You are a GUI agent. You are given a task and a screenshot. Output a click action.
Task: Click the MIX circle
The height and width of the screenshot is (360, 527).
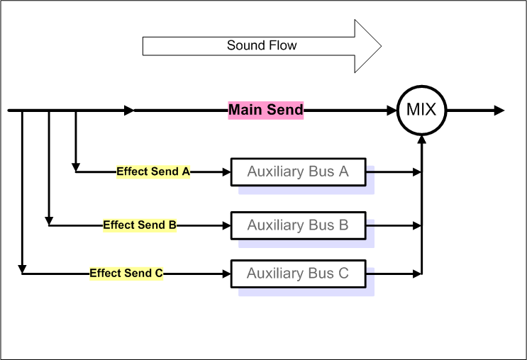click(x=421, y=111)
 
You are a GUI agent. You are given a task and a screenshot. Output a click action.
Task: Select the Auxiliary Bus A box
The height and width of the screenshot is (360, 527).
click(x=299, y=171)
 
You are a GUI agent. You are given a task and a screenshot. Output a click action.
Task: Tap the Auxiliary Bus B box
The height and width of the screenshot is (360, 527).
click(x=299, y=225)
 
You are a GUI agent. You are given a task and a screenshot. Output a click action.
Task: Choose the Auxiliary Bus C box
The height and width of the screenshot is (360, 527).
click(x=299, y=273)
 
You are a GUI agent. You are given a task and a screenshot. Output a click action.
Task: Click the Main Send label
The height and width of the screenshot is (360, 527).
click(x=265, y=110)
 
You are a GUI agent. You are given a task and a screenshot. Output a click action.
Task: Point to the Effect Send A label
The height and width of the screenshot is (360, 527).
click(x=152, y=171)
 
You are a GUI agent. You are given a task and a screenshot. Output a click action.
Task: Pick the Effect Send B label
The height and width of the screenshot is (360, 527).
click(x=140, y=225)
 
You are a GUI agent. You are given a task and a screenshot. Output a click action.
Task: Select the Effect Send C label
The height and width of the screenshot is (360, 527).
click(x=126, y=273)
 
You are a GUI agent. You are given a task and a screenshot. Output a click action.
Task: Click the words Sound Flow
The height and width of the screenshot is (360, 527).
click(x=262, y=46)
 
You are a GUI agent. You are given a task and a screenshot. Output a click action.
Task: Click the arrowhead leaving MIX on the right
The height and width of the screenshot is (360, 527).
click(x=499, y=111)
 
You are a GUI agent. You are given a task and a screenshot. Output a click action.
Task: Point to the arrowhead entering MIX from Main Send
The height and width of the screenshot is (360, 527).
click(x=392, y=111)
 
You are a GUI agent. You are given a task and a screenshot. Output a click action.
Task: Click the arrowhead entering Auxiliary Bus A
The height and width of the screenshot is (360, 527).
click(x=227, y=171)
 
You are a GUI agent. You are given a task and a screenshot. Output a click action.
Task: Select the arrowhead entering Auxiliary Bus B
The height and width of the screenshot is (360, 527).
click(x=227, y=225)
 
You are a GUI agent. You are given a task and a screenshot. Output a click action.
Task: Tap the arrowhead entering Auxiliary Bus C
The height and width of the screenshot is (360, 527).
click(x=227, y=273)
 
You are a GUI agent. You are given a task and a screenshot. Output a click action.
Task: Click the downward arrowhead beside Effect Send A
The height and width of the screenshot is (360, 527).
click(x=76, y=167)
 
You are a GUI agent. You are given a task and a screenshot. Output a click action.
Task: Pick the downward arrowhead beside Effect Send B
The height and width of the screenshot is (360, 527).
click(x=49, y=221)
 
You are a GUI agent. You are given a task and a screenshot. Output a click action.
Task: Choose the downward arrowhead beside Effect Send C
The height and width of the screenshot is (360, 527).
click(x=23, y=269)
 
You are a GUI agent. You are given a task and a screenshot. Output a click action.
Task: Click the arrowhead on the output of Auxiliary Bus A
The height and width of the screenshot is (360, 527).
click(x=416, y=171)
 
